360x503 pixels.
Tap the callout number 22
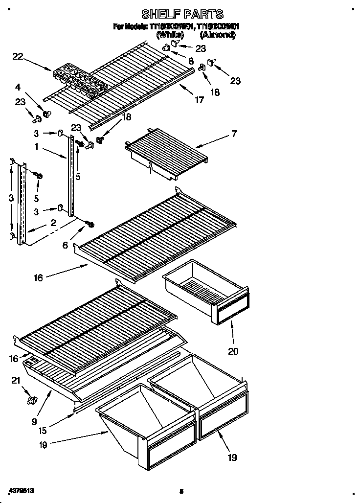(x=18, y=57)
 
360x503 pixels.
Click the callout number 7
(x=234, y=134)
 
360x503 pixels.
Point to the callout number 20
(x=233, y=351)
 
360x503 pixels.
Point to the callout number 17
(x=199, y=101)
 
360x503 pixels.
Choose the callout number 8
(x=190, y=61)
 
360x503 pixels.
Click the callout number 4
(x=18, y=88)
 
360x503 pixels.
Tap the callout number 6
(x=65, y=246)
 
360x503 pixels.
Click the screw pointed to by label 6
(x=90, y=225)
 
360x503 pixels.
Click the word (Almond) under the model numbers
(x=218, y=35)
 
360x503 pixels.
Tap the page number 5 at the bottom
(x=180, y=491)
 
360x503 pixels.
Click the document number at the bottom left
(x=22, y=490)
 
